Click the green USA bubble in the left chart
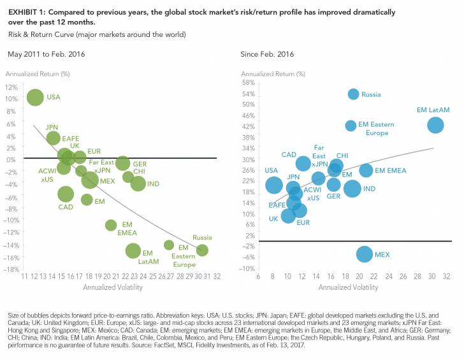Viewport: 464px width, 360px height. pyautogui.click(x=35, y=97)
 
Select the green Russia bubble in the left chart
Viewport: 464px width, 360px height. pyautogui.click(x=203, y=250)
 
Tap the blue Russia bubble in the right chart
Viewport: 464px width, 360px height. pyautogui.click(x=354, y=94)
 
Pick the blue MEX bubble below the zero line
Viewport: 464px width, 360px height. pyautogui.click(x=364, y=254)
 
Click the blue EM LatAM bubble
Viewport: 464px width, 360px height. pyautogui.click(x=435, y=125)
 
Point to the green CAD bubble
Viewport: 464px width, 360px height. pyautogui.click(x=66, y=194)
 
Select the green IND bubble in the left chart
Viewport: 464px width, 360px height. pyautogui.click(x=138, y=184)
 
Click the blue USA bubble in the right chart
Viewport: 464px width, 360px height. pyautogui.click(x=274, y=185)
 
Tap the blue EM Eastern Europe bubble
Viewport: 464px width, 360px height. pyautogui.click(x=351, y=126)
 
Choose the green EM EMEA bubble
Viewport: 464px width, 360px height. pyautogui.click(x=111, y=225)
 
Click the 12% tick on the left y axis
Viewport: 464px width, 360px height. pyautogui.click(x=11, y=87)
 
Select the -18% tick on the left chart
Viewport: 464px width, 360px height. pyautogui.click(x=10, y=270)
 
